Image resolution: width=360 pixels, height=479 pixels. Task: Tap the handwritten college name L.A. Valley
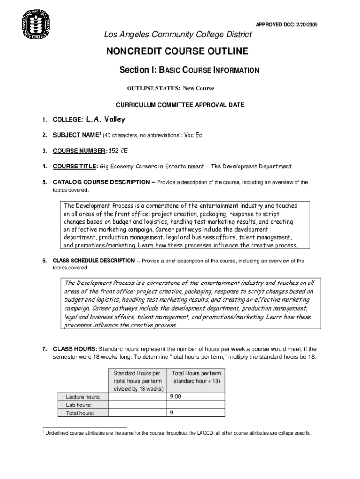(106, 120)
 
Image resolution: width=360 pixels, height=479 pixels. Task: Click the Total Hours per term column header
(196, 373)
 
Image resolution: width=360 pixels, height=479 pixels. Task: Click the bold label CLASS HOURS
(75, 349)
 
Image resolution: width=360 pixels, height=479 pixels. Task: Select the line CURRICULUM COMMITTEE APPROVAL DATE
(180, 105)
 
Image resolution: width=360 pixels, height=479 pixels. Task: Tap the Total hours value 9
(172, 413)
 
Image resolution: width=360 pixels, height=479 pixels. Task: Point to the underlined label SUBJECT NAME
(76, 135)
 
